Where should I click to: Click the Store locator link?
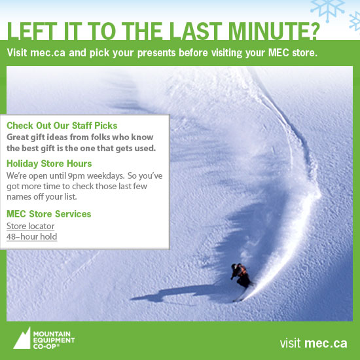31,226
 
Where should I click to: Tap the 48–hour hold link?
31,237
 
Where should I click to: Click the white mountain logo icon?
22,338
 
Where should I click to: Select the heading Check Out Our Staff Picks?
62,126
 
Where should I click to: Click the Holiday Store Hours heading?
49,164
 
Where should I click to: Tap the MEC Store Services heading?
49,214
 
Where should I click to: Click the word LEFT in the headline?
32,31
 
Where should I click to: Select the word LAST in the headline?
196,31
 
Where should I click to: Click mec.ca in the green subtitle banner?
48,53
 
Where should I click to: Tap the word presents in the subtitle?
156,53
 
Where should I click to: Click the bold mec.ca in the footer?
326,343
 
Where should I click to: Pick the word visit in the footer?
290,343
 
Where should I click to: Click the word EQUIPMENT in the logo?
54,340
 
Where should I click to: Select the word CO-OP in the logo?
45,346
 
